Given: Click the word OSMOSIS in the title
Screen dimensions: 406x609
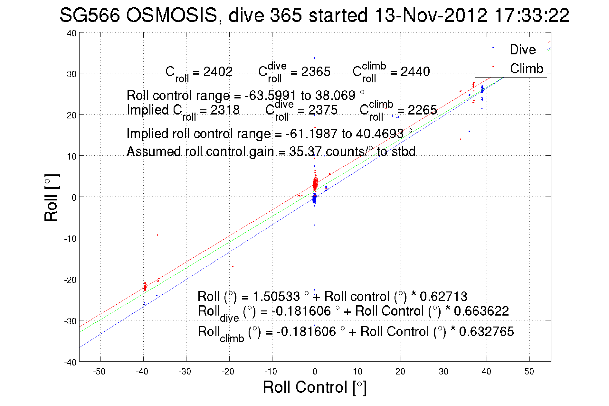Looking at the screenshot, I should (171, 15).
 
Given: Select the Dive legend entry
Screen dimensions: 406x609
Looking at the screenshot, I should (522, 50).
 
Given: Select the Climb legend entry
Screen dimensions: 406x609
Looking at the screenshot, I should (526, 69).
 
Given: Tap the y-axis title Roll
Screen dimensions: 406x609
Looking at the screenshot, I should (51, 198).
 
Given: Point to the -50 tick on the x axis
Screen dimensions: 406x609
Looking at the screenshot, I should (99, 372).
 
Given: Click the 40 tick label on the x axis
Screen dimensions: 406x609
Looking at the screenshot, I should (486, 372).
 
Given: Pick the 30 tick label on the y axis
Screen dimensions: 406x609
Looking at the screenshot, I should (71, 74).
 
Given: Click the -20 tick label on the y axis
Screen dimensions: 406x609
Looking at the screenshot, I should (70, 280).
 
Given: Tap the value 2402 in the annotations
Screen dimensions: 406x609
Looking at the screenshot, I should (218, 72).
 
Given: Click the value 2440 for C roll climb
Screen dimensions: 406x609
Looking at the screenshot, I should (415, 72).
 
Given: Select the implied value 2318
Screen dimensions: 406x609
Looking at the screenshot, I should (225, 110).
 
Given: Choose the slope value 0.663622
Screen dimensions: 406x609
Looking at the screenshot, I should (481, 311).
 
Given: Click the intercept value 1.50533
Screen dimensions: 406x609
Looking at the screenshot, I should (276, 296).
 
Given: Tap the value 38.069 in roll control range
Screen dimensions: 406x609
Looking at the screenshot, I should (335, 96).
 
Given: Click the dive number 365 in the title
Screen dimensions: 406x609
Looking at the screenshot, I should (286, 15).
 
